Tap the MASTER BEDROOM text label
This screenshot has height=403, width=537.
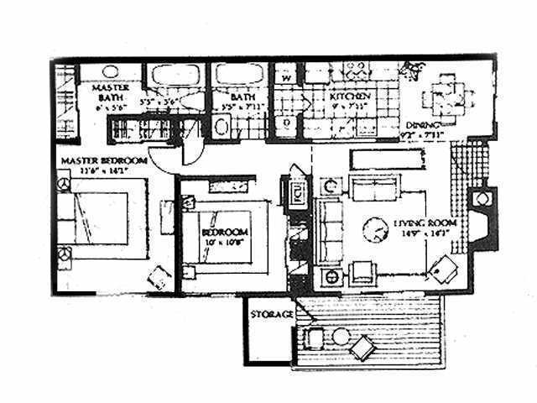[103, 160]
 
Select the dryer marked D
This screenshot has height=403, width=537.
[287, 123]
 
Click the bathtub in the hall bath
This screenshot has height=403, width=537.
[233, 80]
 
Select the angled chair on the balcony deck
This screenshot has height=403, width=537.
[365, 344]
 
